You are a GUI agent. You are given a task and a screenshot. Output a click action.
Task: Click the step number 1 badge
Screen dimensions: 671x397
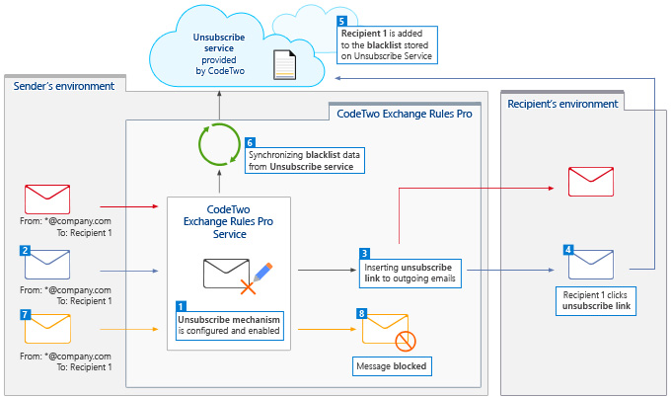(181, 306)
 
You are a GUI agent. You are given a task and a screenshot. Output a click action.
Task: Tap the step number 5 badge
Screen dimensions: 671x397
(341, 21)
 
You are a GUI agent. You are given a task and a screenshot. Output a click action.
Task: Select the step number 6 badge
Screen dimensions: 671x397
(250, 142)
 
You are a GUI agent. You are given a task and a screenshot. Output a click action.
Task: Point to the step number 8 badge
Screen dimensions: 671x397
(361, 313)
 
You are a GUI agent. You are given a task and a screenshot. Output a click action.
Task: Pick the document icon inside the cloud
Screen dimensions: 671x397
(284, 65)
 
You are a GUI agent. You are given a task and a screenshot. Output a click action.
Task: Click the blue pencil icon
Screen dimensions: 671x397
(262, 272)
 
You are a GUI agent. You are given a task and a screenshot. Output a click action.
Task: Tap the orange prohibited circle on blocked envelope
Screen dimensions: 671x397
(406, 342)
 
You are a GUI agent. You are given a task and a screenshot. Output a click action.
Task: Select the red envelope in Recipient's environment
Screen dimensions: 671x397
(590, 182)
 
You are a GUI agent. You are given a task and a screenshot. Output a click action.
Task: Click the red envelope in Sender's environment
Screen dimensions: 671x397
(47, 199)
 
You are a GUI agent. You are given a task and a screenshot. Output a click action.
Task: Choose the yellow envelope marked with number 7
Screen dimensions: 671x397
(47, 329)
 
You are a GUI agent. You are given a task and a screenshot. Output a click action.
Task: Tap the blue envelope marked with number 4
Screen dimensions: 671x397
(590, 265)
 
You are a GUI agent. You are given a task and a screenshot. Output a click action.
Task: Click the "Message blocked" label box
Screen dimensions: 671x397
(392, 366)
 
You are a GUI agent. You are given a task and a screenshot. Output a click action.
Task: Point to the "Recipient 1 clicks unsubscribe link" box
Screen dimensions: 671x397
(596, 300)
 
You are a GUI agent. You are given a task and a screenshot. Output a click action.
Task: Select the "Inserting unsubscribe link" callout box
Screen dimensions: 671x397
(410, 273)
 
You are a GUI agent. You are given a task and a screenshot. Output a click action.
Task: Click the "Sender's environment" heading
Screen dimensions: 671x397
(64, 86)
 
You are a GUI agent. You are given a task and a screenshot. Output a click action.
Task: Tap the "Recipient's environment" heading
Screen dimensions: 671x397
(562, 104)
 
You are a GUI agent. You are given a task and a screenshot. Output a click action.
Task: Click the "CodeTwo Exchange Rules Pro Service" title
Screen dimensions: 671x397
(229, 221)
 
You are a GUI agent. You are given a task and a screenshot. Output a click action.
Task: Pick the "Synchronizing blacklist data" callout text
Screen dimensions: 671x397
(304, 161)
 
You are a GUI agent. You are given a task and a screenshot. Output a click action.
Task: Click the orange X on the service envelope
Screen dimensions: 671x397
(248, 287)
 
